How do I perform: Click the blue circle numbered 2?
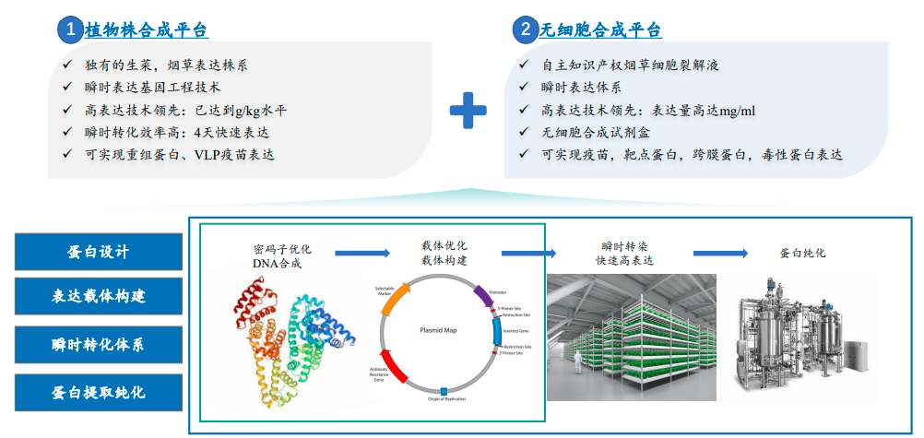(525, 29)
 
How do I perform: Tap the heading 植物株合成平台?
(147, 30)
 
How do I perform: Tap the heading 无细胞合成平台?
(601, 30)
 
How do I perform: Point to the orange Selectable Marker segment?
(394, 299)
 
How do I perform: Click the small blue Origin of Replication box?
(444, 392)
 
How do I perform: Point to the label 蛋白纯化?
(802, 252)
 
